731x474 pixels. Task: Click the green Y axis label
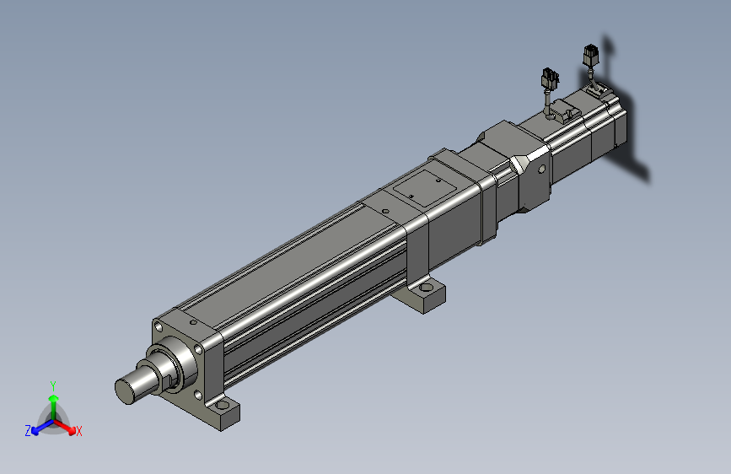point(53,385)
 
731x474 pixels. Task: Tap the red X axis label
point(78,431)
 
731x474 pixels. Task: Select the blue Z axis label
point(28,431)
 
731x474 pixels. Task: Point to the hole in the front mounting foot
point(222,405)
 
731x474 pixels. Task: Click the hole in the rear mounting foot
point(426,288)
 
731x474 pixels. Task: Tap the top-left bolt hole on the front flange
point(159,327)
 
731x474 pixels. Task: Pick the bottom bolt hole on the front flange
point(197,396)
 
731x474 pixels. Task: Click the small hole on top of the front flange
point(193,322)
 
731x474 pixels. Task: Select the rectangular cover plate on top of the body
point(425,187)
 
